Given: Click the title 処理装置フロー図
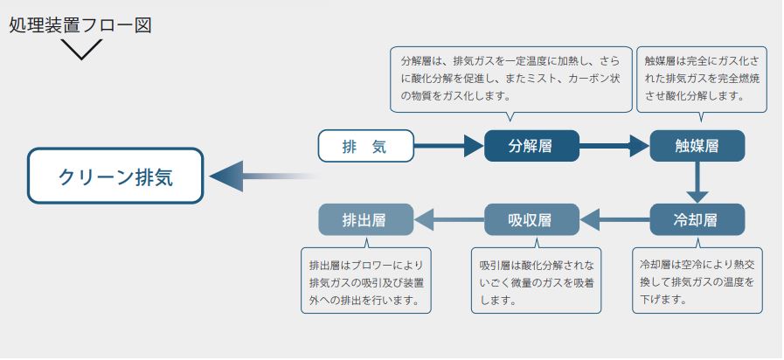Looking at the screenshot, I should pyautogui.click(x=80, y=24).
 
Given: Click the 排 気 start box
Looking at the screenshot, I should pyautogui.click(x=364, y=146).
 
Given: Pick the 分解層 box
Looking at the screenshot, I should pyautogui.click(x=531, y=146).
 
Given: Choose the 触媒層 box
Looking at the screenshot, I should pyautogui.click(x=697, y=146).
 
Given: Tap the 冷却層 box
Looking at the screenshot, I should pyautogui.click(x=697, y=219).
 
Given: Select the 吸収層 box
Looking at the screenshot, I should pyautogui.click(x=531, y=219).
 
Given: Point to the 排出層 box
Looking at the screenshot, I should pyautogui.click(x=364, y=219).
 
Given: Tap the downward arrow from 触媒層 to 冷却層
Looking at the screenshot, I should pyautogui.click(x=697, y=183).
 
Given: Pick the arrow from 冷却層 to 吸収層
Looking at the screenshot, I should pyautogui.click(x=614, y=219).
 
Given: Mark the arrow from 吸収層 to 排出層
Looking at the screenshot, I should pyautogui.click(x=448, y=219).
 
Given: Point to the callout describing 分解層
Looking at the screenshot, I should pyautogui.click(x=511, y=79).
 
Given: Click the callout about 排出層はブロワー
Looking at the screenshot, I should pyautogui.click(x=367, y=281).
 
